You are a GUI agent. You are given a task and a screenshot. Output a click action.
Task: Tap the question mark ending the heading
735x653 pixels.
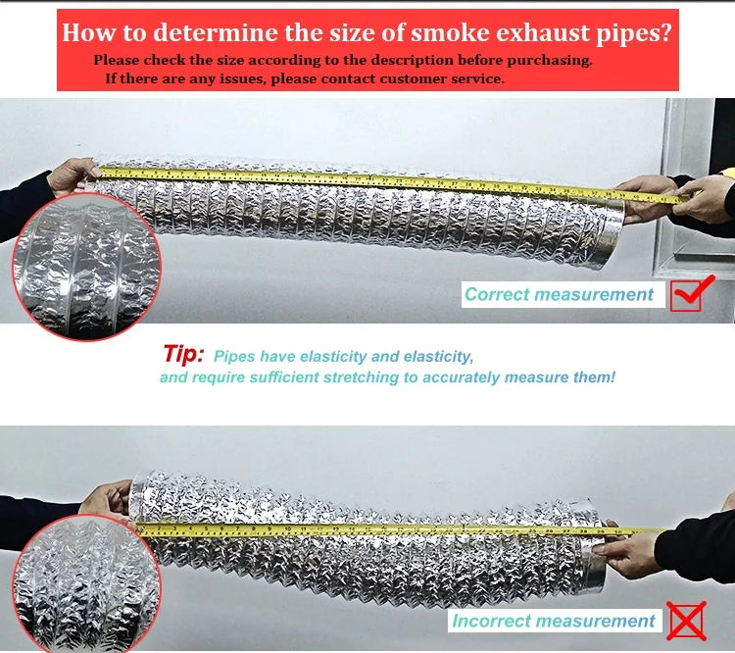[665, 32]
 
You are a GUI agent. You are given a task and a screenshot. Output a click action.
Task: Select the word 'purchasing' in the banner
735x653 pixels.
[549, 61]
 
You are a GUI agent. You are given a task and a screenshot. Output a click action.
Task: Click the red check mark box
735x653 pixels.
[688, 294]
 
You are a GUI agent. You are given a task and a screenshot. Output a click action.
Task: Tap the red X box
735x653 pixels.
[687, 621]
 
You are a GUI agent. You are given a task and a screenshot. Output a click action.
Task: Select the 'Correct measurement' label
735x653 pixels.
[559, 294]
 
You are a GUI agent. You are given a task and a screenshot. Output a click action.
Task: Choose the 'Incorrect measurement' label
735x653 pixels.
[553, 621]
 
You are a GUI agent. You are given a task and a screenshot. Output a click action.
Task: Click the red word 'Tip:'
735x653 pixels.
[183, 354]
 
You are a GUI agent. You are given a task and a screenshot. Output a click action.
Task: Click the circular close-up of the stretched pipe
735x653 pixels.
[87, 266]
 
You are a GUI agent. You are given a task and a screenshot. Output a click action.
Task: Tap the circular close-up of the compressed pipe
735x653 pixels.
[87, 584]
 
